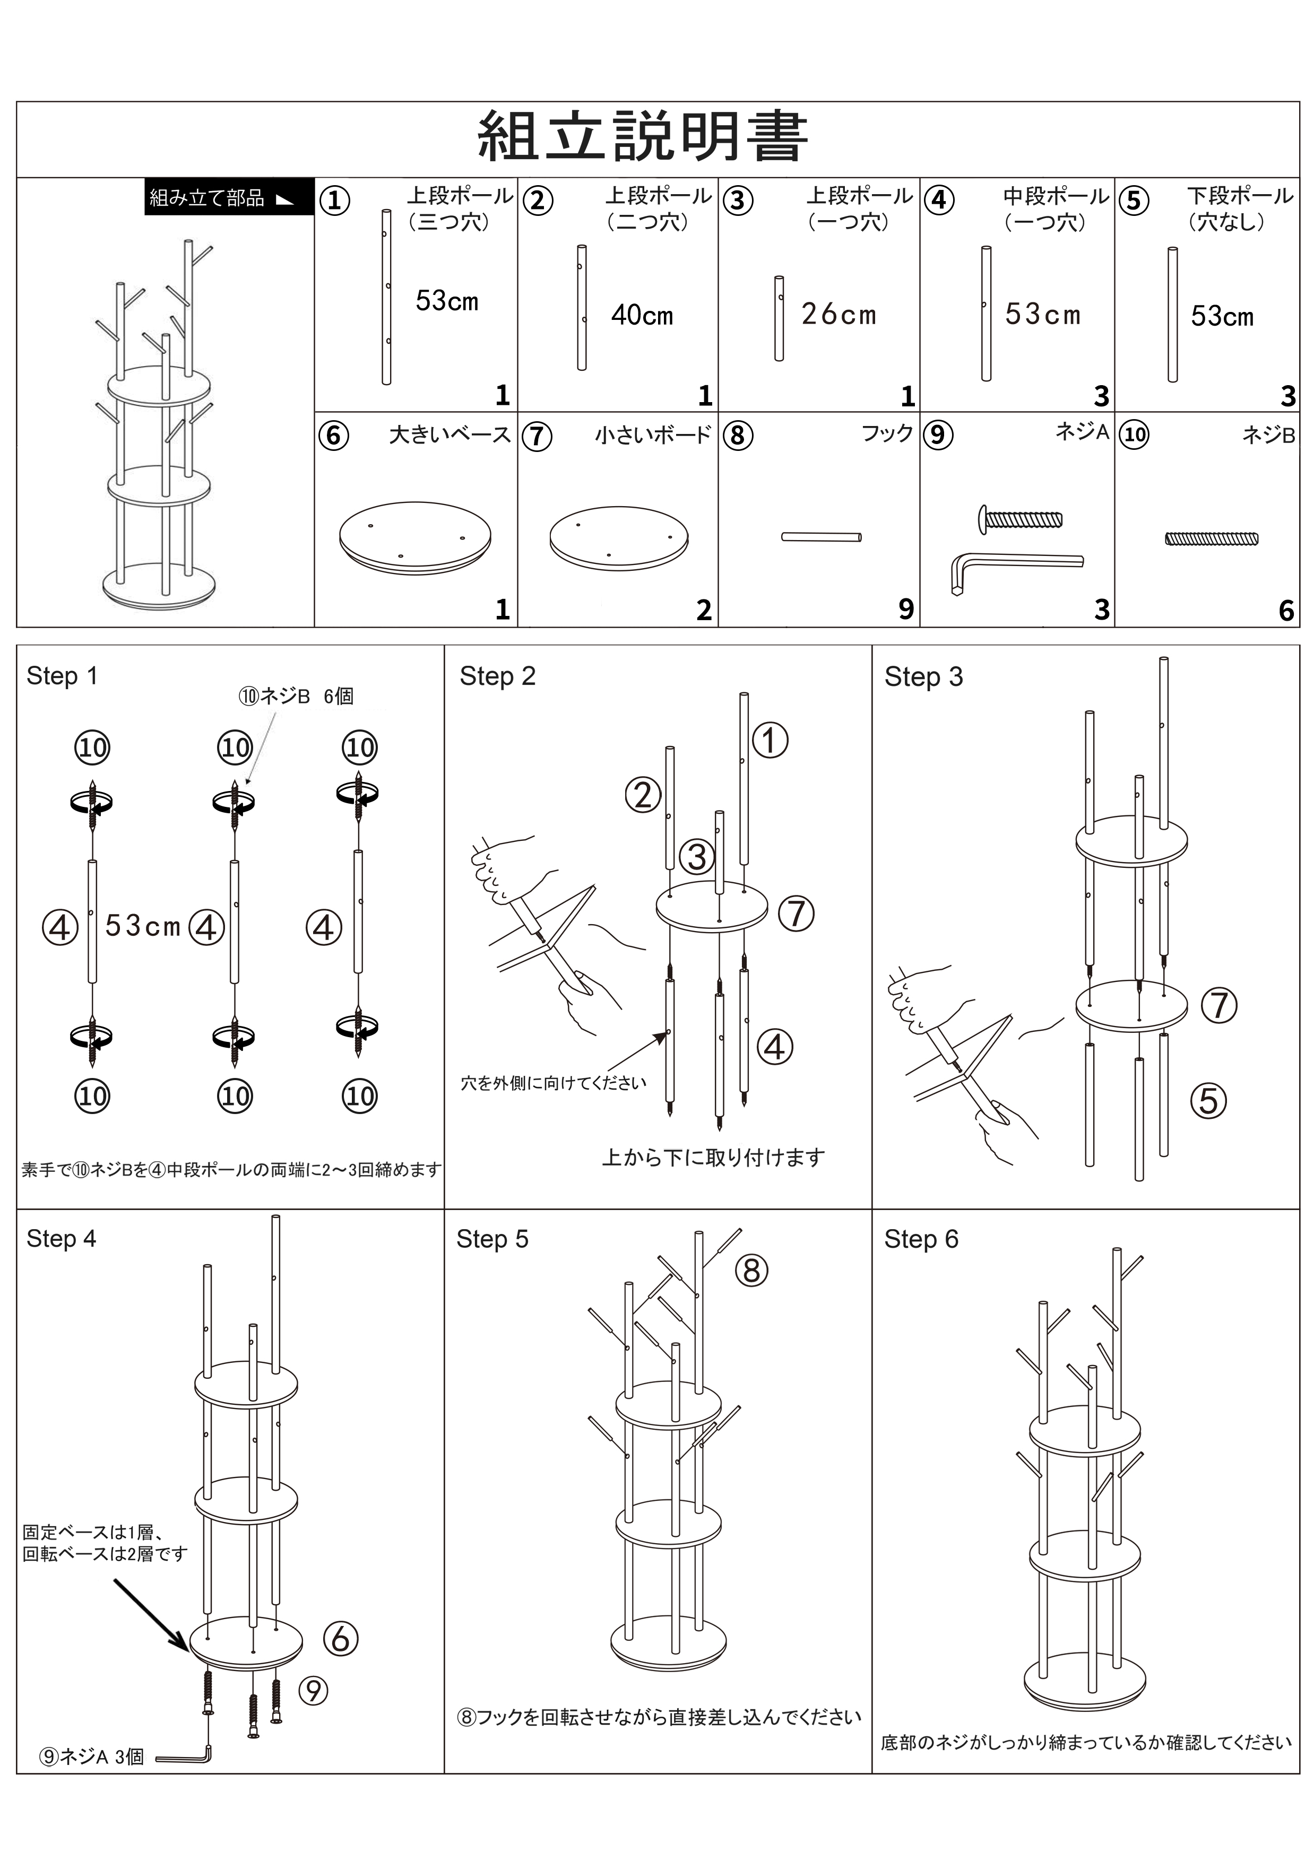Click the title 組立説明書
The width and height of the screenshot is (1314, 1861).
(x=642, y=137)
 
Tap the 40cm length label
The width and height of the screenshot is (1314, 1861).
(x=642, y=315)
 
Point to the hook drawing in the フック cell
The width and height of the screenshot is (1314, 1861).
(x=821, y=536)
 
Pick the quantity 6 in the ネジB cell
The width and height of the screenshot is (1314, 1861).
(x=1286, y=610)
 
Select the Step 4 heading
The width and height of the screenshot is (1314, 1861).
(x=61, y=1239)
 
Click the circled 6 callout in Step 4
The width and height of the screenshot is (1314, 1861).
(x=341, y=1639)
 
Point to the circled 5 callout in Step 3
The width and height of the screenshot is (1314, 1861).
(x=1208, y=1101)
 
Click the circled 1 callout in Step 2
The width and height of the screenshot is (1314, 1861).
(x=770, y=740)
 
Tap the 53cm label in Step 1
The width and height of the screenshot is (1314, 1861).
(x=143, y=925)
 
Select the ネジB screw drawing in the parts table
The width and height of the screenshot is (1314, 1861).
(x=1211, y=538)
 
